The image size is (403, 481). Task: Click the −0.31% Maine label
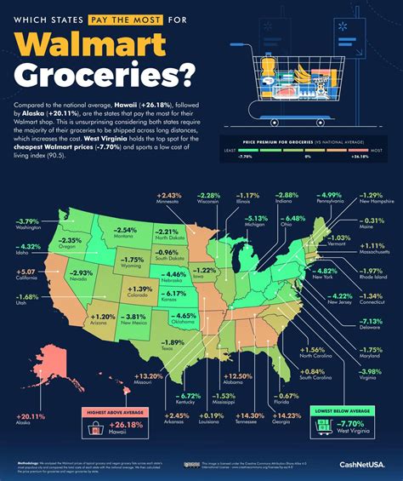click(370, 222)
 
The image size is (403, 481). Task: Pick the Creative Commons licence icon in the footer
click(188, 465)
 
